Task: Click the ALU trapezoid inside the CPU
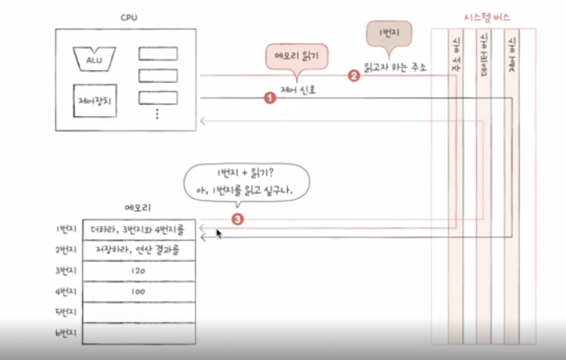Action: pos(94,59)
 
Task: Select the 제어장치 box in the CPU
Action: pos(95,100)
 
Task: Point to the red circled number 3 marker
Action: pos(238,220)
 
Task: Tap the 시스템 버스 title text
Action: pos(487,18)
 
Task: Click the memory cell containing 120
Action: pos(138,271)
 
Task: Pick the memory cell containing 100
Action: pos(138,291)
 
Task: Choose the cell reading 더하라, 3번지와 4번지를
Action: pos(138,229)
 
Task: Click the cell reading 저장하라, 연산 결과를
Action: pos(138,250)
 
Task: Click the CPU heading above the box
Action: pos(128,18)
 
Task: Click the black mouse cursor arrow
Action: pos(219,234)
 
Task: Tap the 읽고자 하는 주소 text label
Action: pos(395,68)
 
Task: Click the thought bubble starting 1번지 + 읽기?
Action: pos(247,182)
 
